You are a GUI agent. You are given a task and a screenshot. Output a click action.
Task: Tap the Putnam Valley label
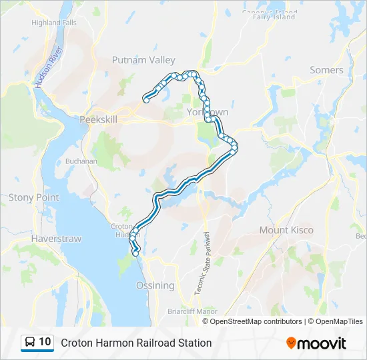(x=143, y=60)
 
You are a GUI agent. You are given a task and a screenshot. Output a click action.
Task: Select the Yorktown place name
(x=208, y=112)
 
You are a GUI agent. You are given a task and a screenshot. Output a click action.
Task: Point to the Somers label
(x=326, y=70)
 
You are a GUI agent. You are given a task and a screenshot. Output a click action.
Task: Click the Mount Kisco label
(x=286, y=230)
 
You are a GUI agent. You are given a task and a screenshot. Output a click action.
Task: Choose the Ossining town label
(x=155, y=285)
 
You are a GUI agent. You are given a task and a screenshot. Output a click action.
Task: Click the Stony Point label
(x=33, y=197)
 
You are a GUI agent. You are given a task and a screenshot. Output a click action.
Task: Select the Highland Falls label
(x=54, y=22)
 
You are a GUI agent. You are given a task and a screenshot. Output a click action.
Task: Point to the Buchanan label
(x=81, y=161)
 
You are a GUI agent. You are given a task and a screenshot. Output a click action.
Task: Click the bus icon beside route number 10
(x=30, y=343)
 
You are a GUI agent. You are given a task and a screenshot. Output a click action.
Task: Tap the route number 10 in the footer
(x=45, y=342)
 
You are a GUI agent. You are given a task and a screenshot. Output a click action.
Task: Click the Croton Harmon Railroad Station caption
(x=136, y=343)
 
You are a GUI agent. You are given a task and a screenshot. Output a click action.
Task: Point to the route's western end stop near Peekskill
(x=145, y=101)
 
